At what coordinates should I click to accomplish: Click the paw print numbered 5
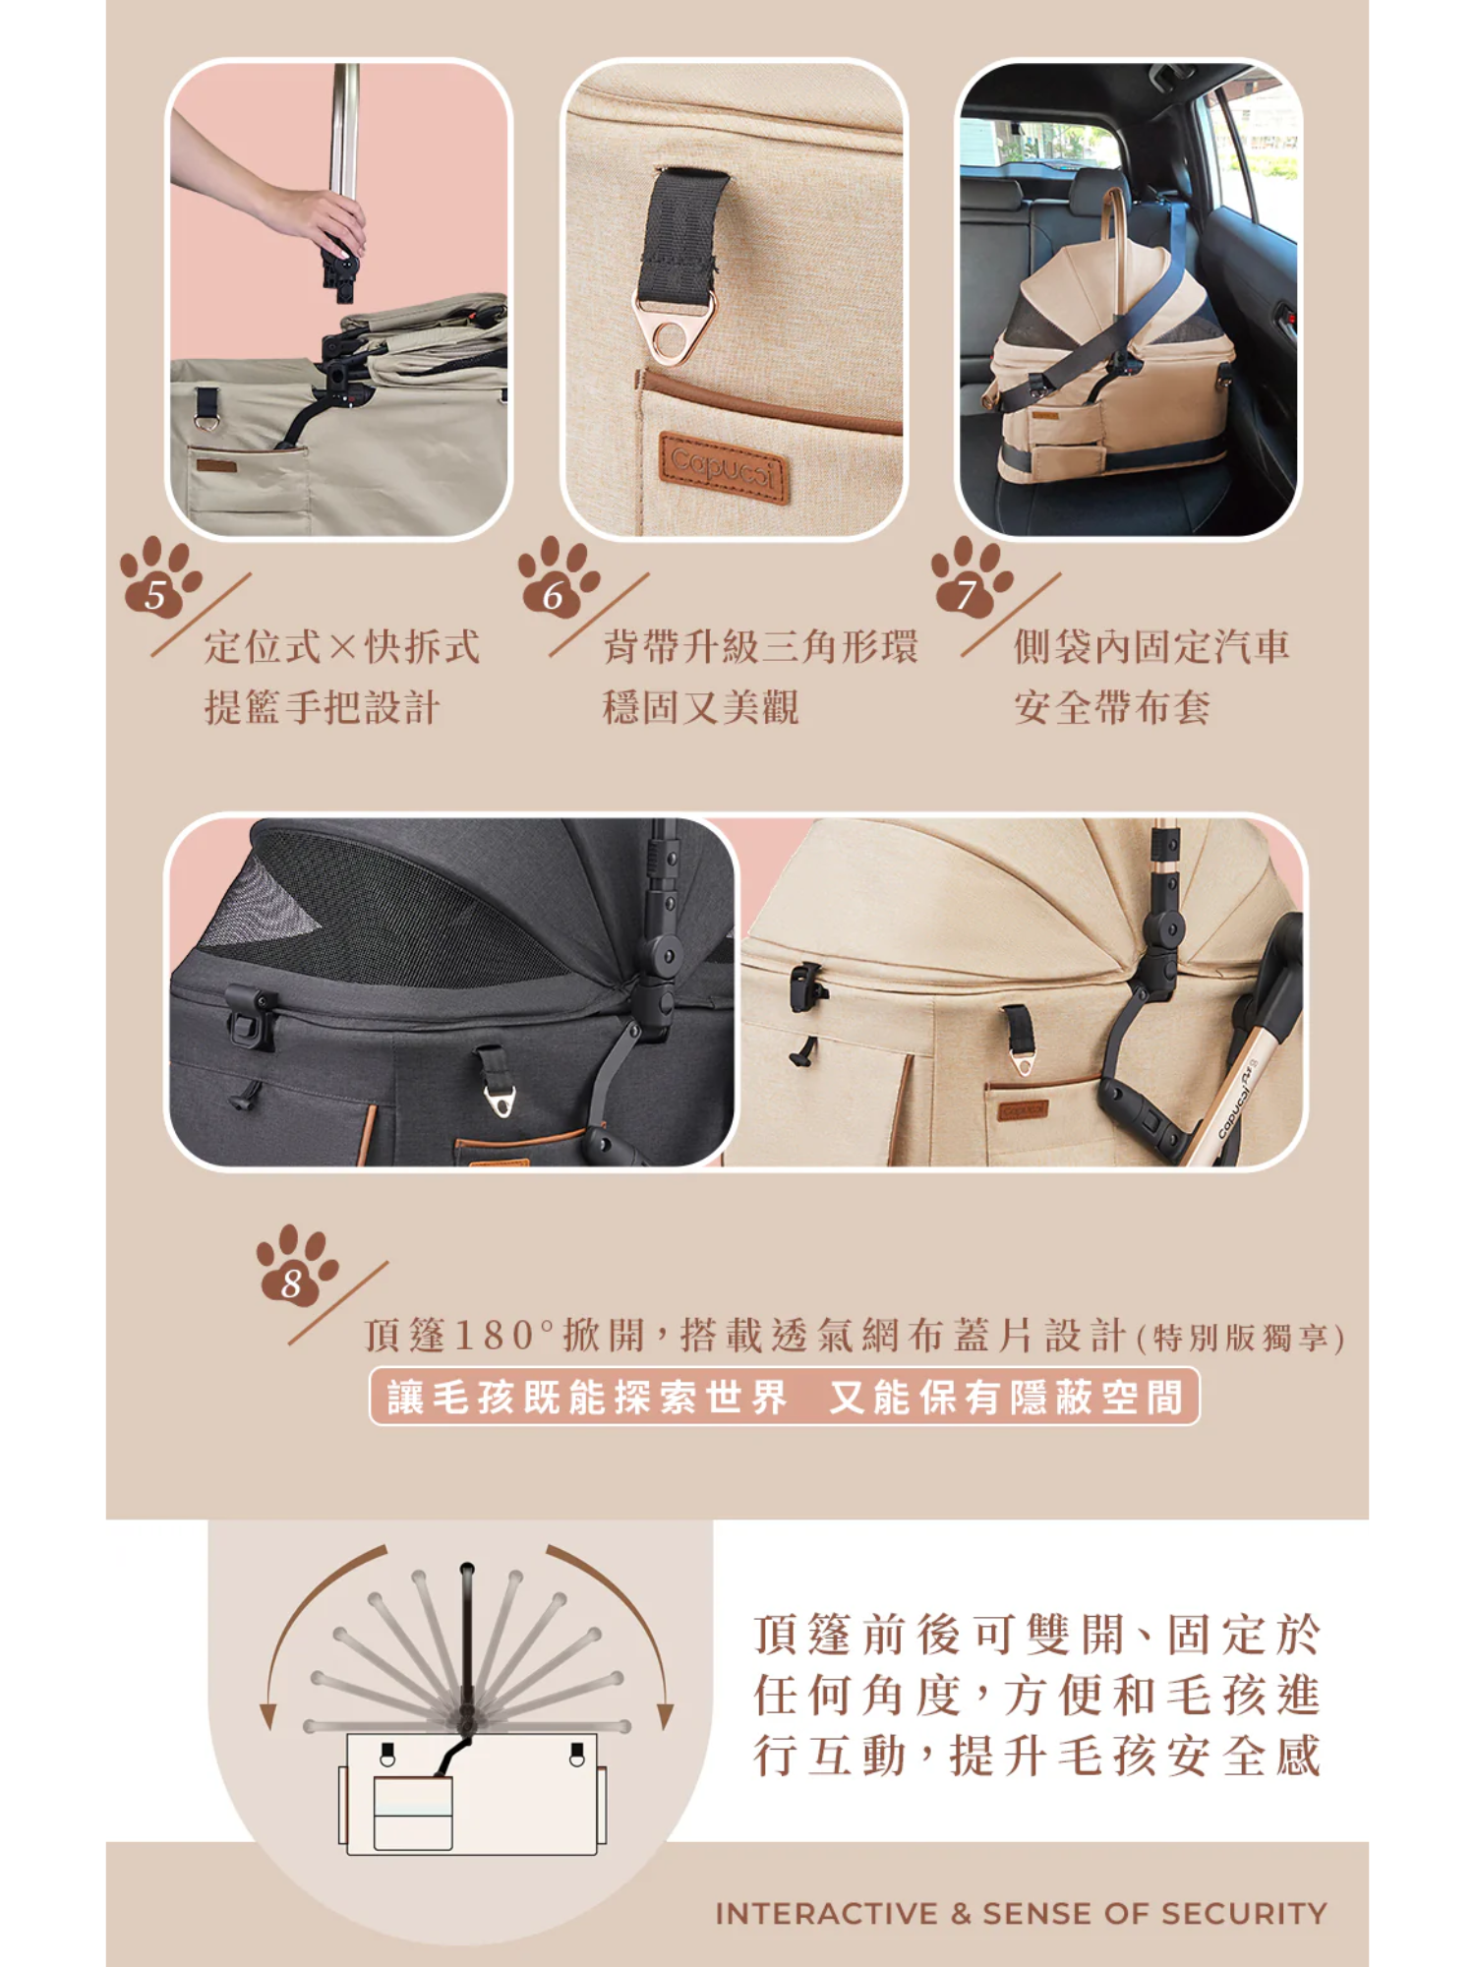coord(160,577)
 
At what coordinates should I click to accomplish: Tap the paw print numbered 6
coord(558,577)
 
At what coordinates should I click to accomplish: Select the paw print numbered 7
coord(971,577)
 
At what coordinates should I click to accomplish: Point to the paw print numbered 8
coord(296,1266)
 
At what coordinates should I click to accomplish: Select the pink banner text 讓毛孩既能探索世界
coord(588,1397)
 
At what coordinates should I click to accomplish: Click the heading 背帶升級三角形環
coord(760,646)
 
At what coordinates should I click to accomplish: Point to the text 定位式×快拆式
coord(342,646)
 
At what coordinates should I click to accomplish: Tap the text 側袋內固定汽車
coord(1151,646)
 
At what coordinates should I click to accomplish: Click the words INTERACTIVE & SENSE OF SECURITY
coord(1021,1914)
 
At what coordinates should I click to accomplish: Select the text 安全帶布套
coord(1112,707)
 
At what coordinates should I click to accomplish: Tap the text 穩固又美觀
coord(700,707)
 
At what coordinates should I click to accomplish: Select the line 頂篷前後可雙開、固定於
coord(1037,1635)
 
